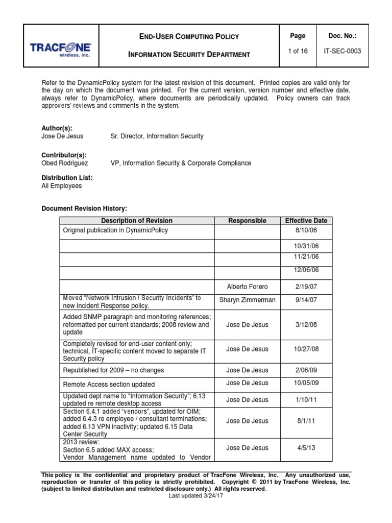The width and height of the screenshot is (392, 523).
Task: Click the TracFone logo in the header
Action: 60,50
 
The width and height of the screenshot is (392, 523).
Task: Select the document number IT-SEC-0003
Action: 342,51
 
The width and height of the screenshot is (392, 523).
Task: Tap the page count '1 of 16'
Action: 298,51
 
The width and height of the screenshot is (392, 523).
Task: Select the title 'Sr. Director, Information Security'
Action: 157,136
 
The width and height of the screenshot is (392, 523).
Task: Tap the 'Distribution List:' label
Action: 67,178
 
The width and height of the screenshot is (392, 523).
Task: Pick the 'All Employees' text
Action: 61,186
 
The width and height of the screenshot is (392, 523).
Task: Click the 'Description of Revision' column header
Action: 137,221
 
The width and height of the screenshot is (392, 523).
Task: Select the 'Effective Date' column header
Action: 306,221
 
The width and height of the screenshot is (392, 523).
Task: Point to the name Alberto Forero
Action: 247,287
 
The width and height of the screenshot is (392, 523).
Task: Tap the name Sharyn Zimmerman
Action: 247,300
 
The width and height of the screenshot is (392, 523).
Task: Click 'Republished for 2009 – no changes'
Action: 113,370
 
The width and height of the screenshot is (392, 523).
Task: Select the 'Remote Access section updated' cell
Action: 109,384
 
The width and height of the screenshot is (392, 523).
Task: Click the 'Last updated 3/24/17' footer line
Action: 196,496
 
